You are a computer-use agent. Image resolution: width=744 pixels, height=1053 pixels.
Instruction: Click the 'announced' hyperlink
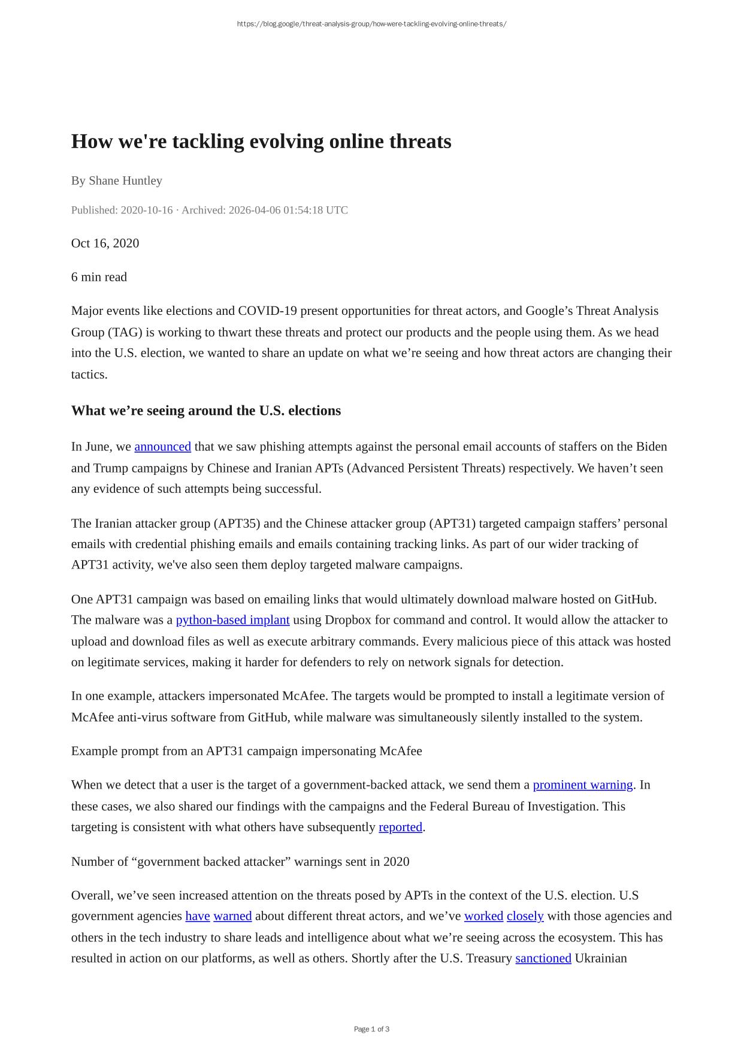(162, 447)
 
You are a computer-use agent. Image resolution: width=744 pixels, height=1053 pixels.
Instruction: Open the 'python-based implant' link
(232, 620)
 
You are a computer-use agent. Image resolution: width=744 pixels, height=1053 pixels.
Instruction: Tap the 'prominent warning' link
(582, 785)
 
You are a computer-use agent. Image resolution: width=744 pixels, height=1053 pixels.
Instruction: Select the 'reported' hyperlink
(400, 828)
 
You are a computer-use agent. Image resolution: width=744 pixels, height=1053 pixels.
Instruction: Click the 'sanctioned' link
(543, 958)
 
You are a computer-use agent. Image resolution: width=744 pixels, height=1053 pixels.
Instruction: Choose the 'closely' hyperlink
(525, 916)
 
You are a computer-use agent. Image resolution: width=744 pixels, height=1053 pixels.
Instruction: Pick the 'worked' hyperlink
(483, 916)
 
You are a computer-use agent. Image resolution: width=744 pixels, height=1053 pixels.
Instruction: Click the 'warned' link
(232, 916)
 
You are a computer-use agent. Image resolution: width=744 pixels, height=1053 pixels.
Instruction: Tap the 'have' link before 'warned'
(198, 916)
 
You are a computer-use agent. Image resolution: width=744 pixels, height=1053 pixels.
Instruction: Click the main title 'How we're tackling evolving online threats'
(261, 142)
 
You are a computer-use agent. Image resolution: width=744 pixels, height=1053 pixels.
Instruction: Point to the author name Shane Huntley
(125, 180)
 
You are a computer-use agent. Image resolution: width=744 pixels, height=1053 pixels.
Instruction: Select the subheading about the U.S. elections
(206, 411)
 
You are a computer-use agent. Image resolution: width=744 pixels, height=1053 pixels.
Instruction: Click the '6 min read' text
(99, 277)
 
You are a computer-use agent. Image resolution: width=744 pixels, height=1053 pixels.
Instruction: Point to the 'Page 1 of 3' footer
(371, 1029)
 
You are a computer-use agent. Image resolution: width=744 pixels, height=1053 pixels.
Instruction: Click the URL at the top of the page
(371, 24)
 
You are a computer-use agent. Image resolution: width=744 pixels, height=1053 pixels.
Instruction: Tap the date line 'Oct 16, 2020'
(105, 243)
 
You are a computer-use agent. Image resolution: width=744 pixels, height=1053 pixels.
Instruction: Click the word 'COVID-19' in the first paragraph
(267, 311)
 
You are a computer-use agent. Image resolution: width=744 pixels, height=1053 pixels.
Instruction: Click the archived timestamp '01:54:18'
(303, 210)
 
